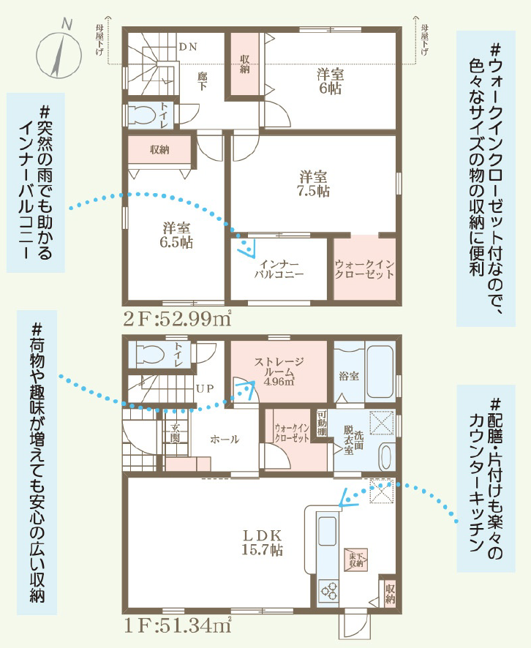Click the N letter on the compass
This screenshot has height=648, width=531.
pos(67,25)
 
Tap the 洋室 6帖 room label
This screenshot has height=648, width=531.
pos(330,81)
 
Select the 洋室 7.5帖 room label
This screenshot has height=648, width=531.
pos(314,184)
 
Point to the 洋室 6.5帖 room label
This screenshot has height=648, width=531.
pos(176,235)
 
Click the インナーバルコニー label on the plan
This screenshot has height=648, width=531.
pos(279,268)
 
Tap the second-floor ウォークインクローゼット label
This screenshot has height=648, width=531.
pos(364,269)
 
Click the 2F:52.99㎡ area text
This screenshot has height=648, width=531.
pos(177,318)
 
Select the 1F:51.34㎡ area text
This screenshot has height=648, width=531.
pos(177,625)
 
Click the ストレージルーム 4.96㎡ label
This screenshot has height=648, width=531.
pos(279,372)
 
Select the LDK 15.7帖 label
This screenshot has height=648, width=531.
pos(263,543)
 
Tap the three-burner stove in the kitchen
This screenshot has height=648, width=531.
pos(328,590)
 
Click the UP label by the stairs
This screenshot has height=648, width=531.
pos(205,388)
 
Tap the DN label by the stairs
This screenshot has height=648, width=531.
pos(188,47)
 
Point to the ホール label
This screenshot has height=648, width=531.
pos(225,439)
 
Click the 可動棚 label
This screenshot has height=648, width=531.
pos(322,423)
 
